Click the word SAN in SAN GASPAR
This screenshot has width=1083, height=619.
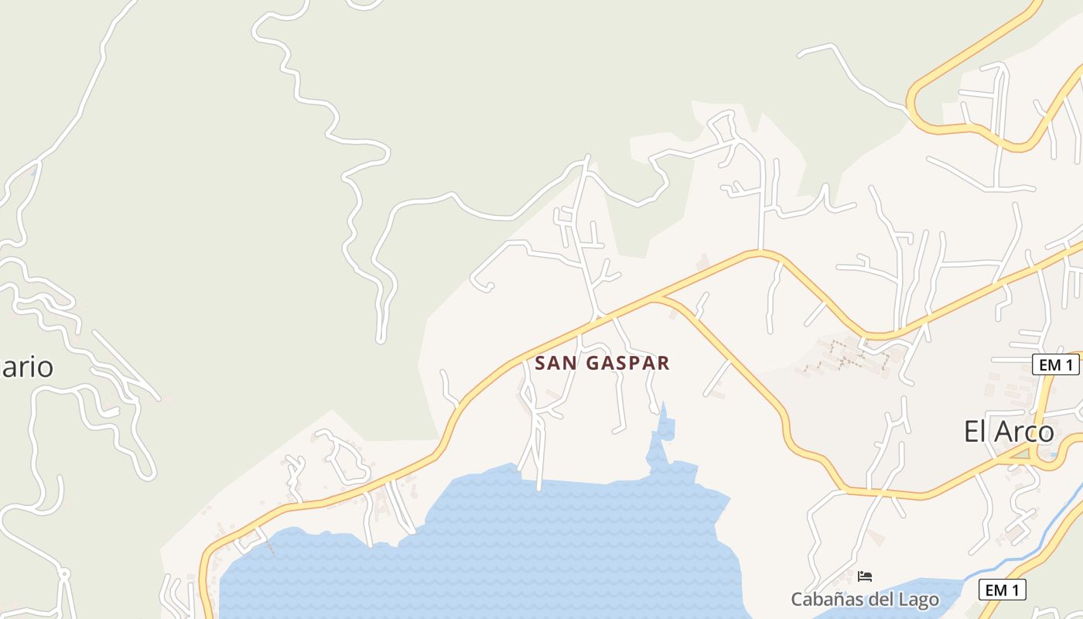[554, 363]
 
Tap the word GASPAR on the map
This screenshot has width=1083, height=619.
[627, 363]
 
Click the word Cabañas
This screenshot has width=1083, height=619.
[826, 599]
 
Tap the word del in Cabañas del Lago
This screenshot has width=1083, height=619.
[880, 599]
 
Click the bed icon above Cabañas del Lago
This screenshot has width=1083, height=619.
[865, 576]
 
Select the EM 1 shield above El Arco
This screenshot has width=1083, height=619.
[1055, 364]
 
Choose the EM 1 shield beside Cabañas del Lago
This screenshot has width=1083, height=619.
[1002, 590]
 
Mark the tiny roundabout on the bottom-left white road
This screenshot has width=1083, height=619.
[63, 574]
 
